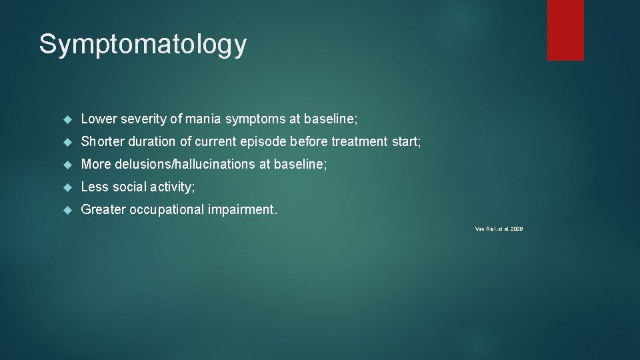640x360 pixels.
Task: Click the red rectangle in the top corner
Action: tap(565, 30)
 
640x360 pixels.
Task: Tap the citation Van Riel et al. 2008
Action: tap(499, 229)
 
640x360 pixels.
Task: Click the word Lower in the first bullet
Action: tap(99, 119)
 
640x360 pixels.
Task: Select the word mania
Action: tap(203, 119)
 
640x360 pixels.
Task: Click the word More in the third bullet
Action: tap(95, 165)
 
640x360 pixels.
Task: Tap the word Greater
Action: tap(103, 210)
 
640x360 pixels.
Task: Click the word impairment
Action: tap(242, 210)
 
